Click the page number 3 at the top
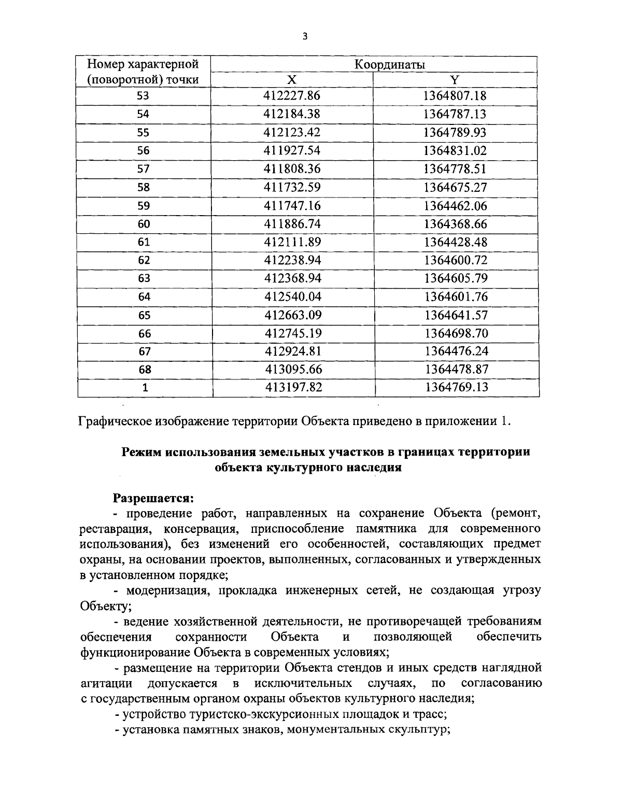pyautogui.click(x=305, y=36)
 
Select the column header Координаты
pyautogui.click(x=390, y=65)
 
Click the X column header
pyautogui.click(x=292, y=79)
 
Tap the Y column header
pyautogui.click(x=455, y=79)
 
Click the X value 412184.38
pyautogui.click(x=292, y=114)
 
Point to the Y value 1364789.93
pyautogui.click(x=455, y=132)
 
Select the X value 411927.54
pyautogui.click(x=292, y=151)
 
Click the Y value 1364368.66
pyautogui.click(x=455, y=224)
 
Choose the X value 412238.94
pyautogui.click(x=292, y=260)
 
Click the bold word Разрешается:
pyautogui.click(x=153, y=498)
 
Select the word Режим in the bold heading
pyautogui.click(x=141, y=451)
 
